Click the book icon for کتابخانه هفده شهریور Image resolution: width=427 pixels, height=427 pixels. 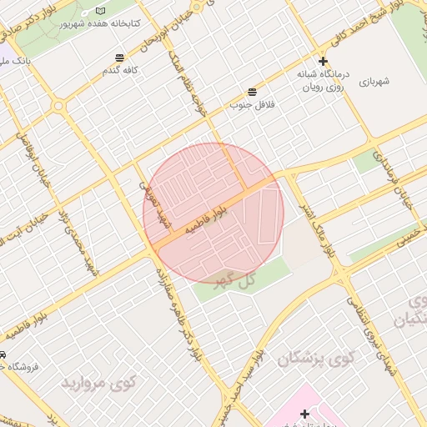(101, 11)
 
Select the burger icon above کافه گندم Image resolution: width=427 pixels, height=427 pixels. (121, 58)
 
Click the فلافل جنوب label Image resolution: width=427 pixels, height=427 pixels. (253, 105)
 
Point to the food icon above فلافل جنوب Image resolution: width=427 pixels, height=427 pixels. (252, 92)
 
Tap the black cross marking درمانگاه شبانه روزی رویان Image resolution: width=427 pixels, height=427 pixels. (323, 62)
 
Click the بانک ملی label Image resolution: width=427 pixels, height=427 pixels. (15, 62)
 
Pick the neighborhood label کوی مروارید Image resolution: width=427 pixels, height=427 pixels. (98, 383)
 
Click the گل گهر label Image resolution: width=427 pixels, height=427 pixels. (234, 281)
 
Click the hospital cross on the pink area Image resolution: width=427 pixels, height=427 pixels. (305, 414)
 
